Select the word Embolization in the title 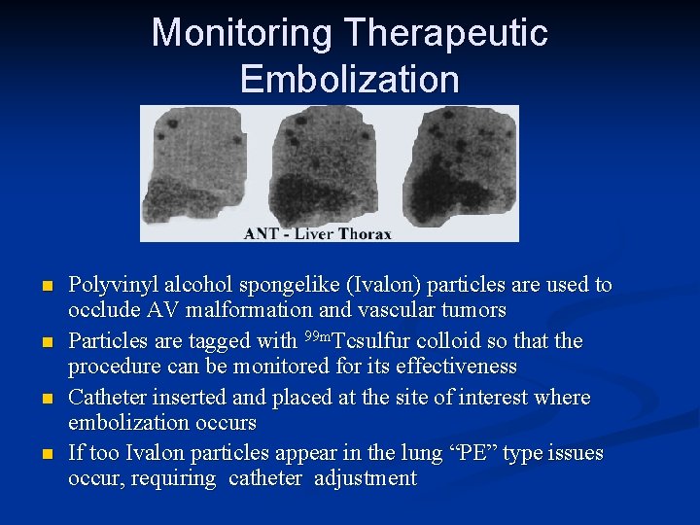click(x=350, y=79)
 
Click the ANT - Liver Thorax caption click(x=318, y=233)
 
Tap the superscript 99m click(x=316, y=336)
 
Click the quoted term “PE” click(x=444, y=453)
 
